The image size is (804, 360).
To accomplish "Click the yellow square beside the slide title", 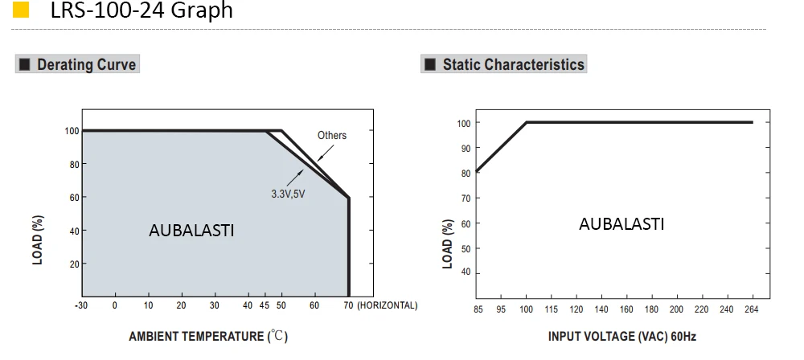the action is click(x=21, y=10).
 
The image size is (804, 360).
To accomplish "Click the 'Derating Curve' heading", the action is click(x=86, y=64).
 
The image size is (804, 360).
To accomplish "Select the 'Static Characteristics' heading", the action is click(x=513, y=64).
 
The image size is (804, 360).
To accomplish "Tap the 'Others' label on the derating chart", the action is click(x=332, y=135).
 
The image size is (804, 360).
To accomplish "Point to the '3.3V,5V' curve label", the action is click(x=288, y=194).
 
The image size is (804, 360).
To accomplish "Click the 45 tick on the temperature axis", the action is click(x=265, y=305).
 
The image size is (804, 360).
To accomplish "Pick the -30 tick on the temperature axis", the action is click(x=81, y=305).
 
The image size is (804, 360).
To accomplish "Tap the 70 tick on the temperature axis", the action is click(x=349, y=305).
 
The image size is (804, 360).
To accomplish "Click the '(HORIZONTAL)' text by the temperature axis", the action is click(x=388, y=305).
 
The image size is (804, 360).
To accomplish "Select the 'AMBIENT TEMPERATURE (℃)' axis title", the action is click(x=208, y=337).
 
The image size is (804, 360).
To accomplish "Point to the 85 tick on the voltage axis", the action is click(x=478, y=309).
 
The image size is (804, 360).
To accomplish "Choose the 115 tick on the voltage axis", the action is click(x=552, y=309).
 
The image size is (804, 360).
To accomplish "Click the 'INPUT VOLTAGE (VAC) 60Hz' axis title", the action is click(x=622, y=337).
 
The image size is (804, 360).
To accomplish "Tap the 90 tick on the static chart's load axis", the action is click(x=465, y=148).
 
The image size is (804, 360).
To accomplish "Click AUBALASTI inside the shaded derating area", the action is click(x=191, y=231).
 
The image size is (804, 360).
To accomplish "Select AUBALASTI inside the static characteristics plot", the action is click(x=621, y=224).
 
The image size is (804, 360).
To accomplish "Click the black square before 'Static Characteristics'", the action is click(x=430, y=64).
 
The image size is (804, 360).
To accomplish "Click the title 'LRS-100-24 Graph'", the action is click(x=142, y=10).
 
